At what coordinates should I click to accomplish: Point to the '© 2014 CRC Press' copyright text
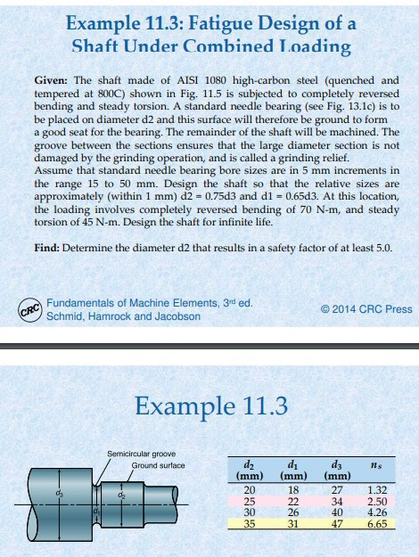point(366,309)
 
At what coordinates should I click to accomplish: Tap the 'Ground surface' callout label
point(158,465)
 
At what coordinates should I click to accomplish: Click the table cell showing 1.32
point(378,490)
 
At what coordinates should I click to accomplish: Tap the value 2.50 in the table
point(378,503)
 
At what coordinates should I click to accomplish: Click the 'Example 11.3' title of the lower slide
point(210,407)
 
